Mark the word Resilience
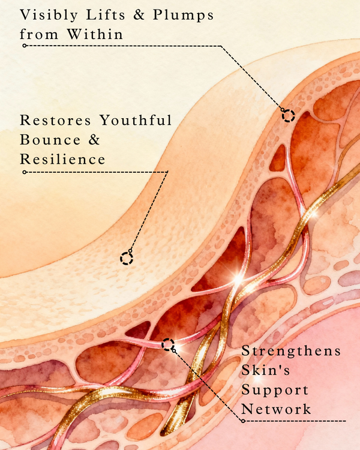62,160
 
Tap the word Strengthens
290,350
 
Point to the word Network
276,410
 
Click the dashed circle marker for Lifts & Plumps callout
289,116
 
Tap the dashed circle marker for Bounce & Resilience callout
126,258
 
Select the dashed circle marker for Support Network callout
168,344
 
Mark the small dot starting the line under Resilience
24,172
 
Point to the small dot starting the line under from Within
24,46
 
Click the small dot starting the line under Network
244,421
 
